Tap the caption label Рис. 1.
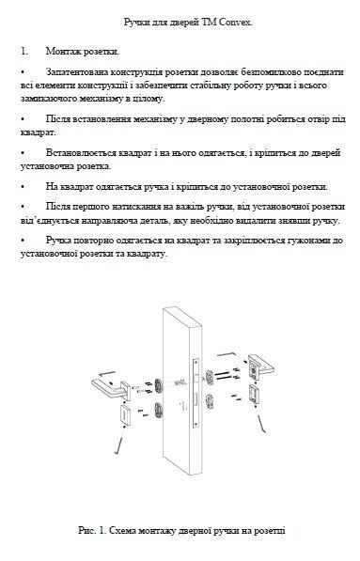tap(93, 533)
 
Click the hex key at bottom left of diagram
tap(116, 442)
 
